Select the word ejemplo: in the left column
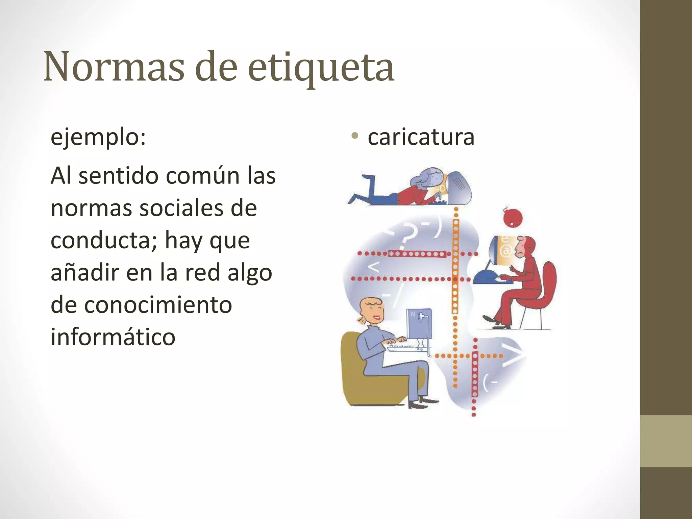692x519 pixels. (98, 138)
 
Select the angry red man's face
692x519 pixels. (522, 248)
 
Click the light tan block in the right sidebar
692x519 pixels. (666, 441)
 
